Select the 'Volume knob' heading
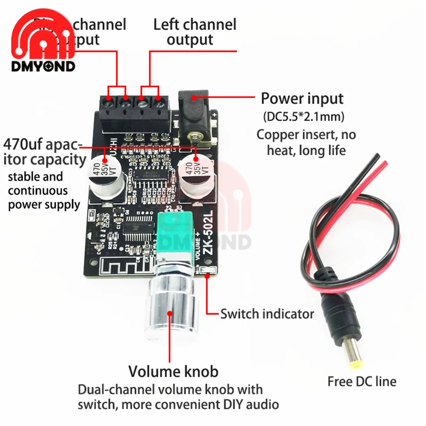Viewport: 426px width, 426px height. click(x=173, y=371)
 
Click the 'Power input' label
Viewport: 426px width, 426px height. click(x=302, y=99)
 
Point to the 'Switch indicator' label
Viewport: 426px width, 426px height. click(x=267, y=314)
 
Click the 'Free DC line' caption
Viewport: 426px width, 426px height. click(x=362, y=381)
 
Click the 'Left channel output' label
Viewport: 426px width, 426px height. click(x=195, y=32)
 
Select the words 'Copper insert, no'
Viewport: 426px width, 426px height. click(x=306, y=135)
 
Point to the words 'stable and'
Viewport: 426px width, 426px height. click(x=35, y=177)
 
